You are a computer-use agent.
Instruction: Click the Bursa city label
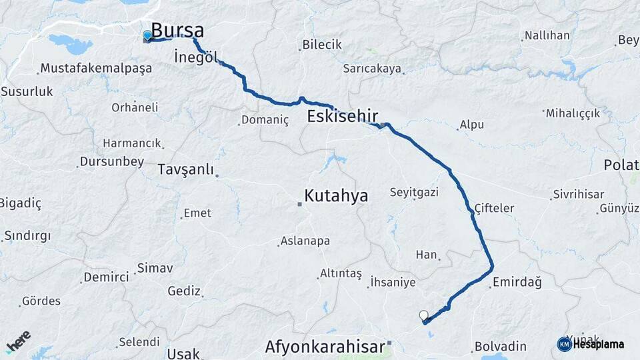[177, 31]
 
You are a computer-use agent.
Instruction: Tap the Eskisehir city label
[343, 117]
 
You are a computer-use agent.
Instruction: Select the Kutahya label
[336, 195]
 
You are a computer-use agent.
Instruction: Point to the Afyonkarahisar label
[325, 347]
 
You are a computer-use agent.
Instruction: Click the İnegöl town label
[195, 57]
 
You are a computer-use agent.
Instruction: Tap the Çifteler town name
[494, 208]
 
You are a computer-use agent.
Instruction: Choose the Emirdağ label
[517, 282]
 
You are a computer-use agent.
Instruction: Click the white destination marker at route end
[423, 315]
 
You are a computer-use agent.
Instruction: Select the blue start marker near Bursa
[147, 35]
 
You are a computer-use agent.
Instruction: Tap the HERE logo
[18, 342]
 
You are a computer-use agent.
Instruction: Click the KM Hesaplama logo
[591, 344]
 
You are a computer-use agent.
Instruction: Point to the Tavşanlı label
[186, 169]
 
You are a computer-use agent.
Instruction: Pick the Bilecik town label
[321, 45]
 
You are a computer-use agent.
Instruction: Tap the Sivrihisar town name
[577, 195]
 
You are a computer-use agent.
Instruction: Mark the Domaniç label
[265, 120]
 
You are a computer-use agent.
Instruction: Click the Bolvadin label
[500, 347]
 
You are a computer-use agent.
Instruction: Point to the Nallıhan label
[547, 35]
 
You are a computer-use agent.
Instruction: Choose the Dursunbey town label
[111, 161]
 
